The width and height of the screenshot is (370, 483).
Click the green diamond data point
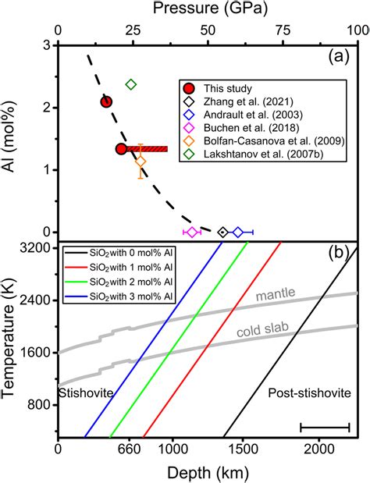pyautogui.click(x=131, y=84)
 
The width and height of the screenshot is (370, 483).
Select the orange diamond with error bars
pyautogui.click(x=141, y=162)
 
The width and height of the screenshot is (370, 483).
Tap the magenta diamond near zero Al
pyautogui.click(x=192, y=232)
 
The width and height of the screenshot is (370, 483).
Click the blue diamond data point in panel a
pyautogui.click(x=238, y=232)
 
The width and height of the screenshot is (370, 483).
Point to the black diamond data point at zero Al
pyautogui.click(x=222, y=232)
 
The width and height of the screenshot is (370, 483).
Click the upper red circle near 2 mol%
pyautogui.click(x=107, y=101)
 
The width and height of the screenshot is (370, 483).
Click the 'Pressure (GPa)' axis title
pyautogui.click(x=208, y=10)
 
